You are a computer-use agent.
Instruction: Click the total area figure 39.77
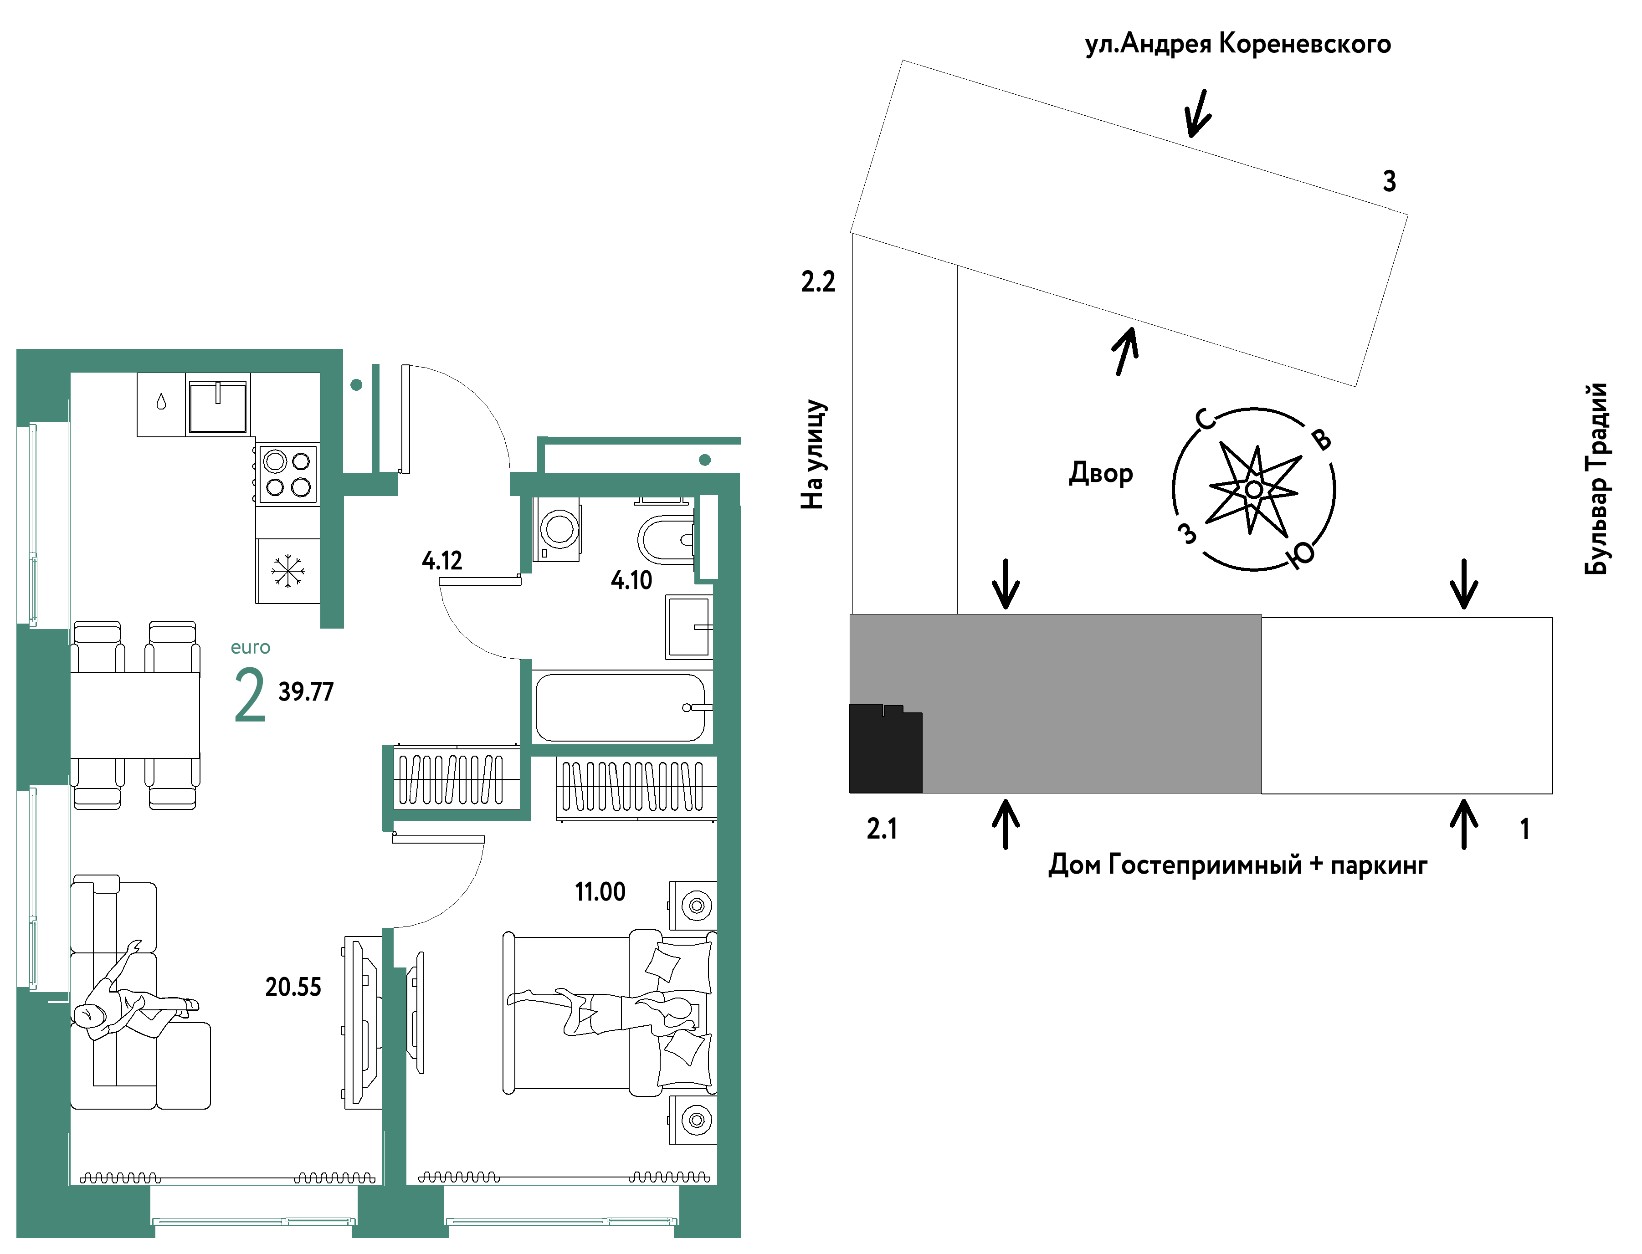coord(306,692)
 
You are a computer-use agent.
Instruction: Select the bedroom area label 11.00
coord(600,891)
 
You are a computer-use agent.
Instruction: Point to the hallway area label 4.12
coord(442,561)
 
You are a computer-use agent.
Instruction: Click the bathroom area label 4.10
coord(631,580)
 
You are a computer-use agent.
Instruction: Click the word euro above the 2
coord(250,647)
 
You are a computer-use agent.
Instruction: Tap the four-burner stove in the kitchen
coord(287,474)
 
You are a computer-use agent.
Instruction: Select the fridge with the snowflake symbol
coord(287,571)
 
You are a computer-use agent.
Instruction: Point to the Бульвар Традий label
coord(1596,478)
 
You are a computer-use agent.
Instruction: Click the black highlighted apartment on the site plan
coord(886,748)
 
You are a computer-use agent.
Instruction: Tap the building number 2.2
coord(818,282)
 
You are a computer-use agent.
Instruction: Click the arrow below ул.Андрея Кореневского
coord(1197,113)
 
